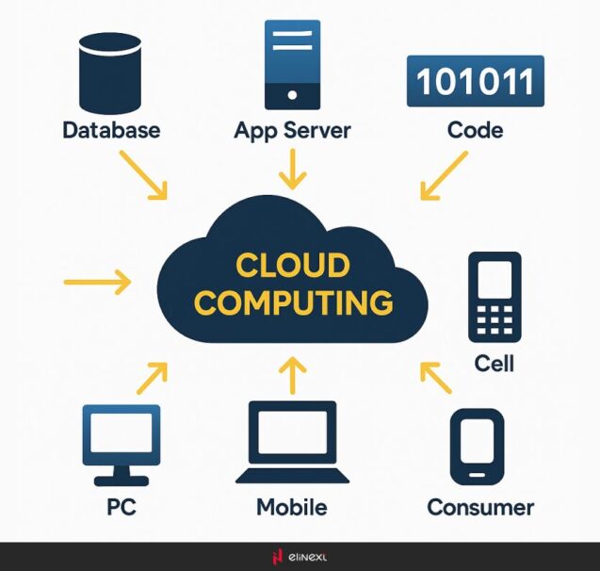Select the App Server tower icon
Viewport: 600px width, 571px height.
pyautogui.click(x=292, y=63)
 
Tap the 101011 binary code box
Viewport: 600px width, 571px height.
pyautogui.click(x=475, y=81)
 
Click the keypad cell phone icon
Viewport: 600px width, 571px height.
pyautogui.click(x=495, y=297)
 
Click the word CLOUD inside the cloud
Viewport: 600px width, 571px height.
pyautogui.click(x=292, y=267)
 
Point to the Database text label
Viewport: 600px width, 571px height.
pyautogui.click(x=111, y=129)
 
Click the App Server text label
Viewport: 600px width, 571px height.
pyautogui.click(x=292, y=130)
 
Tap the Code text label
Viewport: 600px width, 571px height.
pyautogui.click(x=475, y=129)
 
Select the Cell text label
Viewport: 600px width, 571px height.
pyautogui.click(x=495, y=363)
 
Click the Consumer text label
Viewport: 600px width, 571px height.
pyautogui.click(x=480, y=508)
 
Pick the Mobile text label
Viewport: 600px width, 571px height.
pyautogui.click(x=292, y=508)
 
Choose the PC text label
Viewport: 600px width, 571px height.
pyautogui.click(x=121, y=508)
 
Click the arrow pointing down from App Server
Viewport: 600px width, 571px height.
pyautogui.click(x=293, y=169)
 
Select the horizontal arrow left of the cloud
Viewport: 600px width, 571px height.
pyautogui.click(x=97, y=281)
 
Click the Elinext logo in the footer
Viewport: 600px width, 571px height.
pyautogui.click(x=300, y=556)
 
